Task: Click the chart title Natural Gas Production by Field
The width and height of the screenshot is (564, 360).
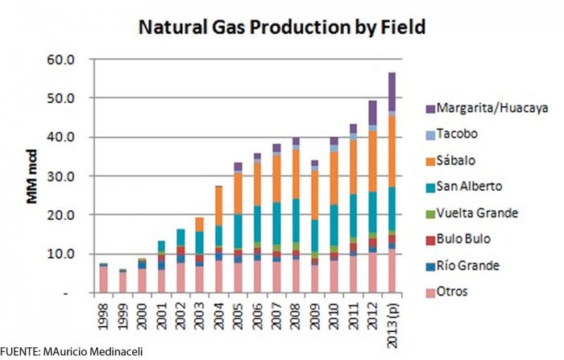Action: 282,26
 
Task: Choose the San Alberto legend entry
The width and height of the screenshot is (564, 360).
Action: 484,185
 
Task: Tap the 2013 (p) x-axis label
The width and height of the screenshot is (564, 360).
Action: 392,320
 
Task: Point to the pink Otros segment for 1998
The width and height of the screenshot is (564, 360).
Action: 103,279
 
